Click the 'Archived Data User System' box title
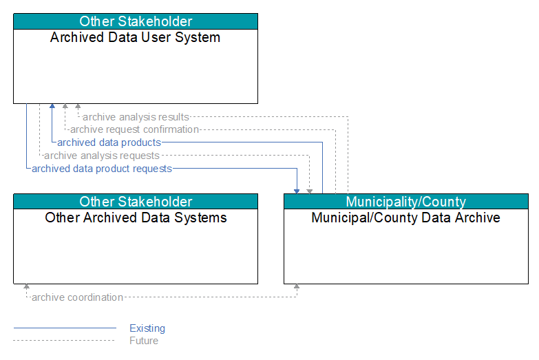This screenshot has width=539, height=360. coord(135,37)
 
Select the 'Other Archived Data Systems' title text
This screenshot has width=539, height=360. coord(136,218)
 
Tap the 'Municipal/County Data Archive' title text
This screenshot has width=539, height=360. coord(405,218)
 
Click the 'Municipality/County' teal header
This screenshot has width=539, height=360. coord(406,202)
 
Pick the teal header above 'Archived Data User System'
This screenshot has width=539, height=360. coord(136,21)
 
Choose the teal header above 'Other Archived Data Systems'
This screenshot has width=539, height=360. coord(136,202)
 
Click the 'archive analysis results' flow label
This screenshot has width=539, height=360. coord(136,117)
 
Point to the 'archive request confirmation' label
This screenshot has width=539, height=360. coord(134,129)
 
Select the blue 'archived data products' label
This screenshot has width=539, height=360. coord(109,142)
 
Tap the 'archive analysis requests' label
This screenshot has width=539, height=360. coord(102,156)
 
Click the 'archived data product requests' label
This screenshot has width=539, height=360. coord(102,169)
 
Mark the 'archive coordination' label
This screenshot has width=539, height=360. coord(77,297)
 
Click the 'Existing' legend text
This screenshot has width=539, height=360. coord(147,328)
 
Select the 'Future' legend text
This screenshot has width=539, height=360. coord(144,341)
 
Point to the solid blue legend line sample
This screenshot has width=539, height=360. coord(65,328)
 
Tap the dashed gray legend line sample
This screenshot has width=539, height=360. coord(64,341)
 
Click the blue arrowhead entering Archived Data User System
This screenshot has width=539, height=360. coord(52,106)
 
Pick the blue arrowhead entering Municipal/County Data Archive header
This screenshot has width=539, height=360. coord(297,191)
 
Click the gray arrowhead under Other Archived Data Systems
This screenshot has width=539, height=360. coord(26,286)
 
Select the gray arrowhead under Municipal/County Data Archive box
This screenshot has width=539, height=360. coord(297,286)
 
